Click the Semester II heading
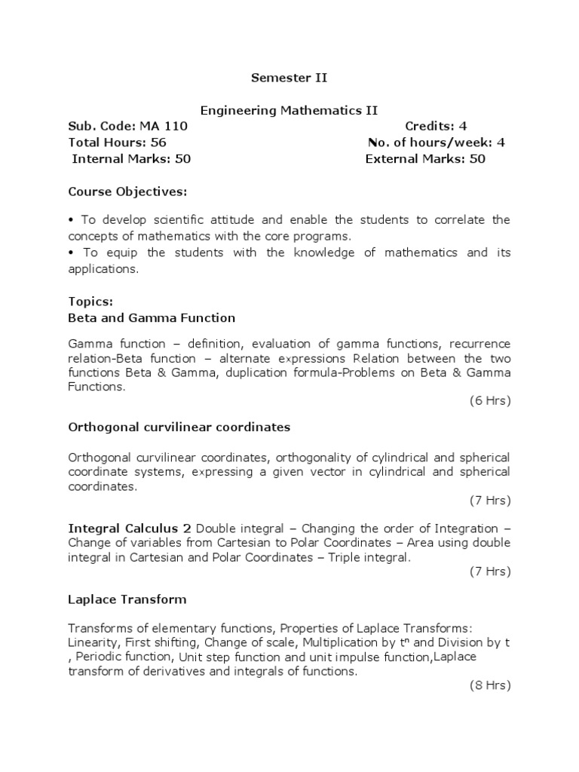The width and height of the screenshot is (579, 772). click(289, 77)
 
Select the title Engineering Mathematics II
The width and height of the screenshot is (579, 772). click(289, 111)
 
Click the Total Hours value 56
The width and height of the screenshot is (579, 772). click(158, 142)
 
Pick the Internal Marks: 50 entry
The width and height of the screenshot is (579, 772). click(131, 158)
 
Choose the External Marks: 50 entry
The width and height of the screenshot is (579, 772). click(425, 158)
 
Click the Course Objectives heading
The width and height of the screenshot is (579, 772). click(127, 191)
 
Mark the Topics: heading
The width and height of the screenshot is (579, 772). click(90, 302)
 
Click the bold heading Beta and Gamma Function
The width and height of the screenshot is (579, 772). click(152, 317)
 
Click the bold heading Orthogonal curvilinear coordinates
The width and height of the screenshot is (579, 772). click(179, 427)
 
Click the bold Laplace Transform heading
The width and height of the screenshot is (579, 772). click(127, 599)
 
